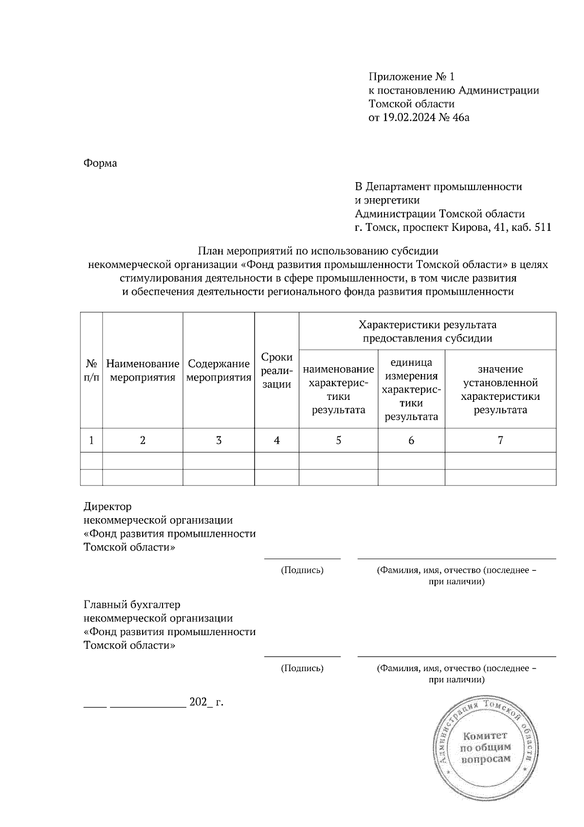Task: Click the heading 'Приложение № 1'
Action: pyautogui.click(x=411, y=76)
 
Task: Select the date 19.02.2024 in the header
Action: pyautogui.click(x=406, y=117)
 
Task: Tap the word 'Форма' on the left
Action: pyautogui.click(x=100, y=163)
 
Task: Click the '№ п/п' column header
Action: pyautogui.click(x=91, y=371)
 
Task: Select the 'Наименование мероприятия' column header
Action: pyautogui.click(x=143, y=371)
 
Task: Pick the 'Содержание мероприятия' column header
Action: pyautogui.click(x=219, y=371)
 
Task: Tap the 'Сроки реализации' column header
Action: pyautogui.click(x=276, y=371)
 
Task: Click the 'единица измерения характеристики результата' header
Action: pyautogui.click(x=411, y=390)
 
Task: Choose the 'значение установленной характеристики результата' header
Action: pyautogui.click(x=500, y=390)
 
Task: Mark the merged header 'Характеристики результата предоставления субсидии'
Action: pyautogui.click(x=427, y=331)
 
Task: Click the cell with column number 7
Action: pyautogui.click(x=500, y=441)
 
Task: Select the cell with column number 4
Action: pyautogui.click(x=276, y=441)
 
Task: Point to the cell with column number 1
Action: pyautogui.click(x=91, y=441)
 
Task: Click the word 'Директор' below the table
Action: pyautogui.click(x=108, y=507)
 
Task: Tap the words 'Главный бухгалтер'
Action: pyautogui.click(x=132, y=605)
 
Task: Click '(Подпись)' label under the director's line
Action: pyautogui.click(x=302, y=570)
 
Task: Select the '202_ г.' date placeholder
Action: pyautogui.click(x=206, y=702)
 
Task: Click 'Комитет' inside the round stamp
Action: pyautogui.click(x=485, y=735)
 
